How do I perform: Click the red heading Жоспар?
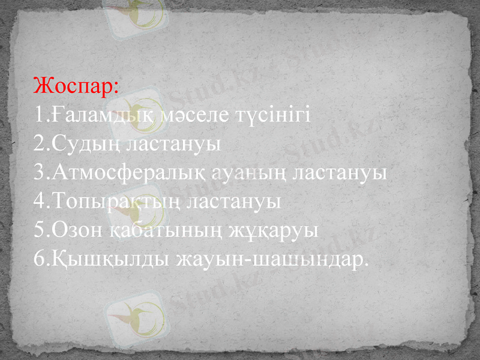(x=77, y=85)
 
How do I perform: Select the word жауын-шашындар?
(x=271, y=260)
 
